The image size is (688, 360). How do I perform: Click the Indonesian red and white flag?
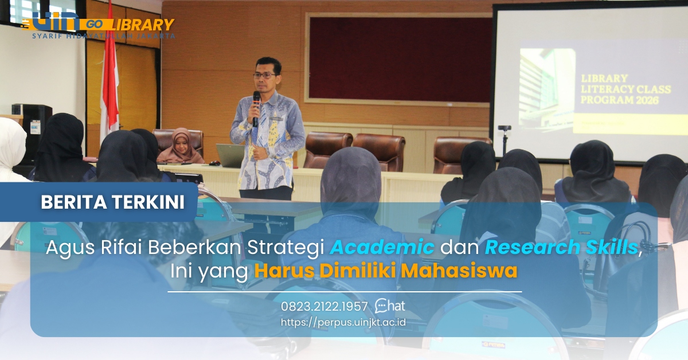[108, 86]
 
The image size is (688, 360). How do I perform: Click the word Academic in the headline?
[382, 247]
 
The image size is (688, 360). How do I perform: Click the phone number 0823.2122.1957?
[324, 306]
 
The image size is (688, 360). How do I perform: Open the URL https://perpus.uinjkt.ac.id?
[343, 322]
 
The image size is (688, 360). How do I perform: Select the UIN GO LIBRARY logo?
[97, 25]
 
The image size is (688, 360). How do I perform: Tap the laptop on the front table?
[230, 155]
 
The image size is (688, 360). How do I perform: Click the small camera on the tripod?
[504, 128]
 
